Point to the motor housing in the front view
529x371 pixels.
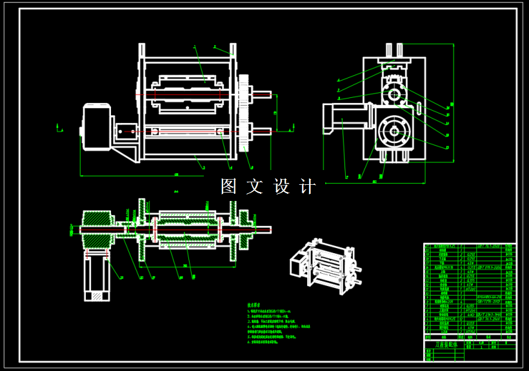96,128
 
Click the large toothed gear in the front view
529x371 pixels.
245,113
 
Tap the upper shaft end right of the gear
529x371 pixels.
261,96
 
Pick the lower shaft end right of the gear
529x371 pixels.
261,133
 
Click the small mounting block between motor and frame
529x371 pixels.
124,131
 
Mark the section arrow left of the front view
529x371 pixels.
60,129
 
